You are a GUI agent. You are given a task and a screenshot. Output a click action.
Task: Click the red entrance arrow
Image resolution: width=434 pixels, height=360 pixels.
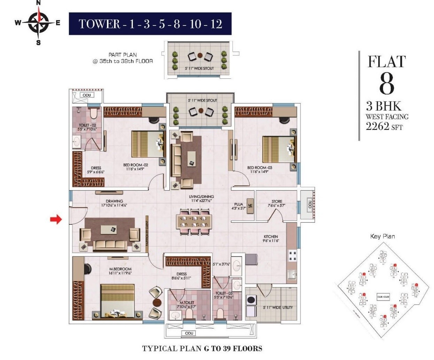click(55, 219)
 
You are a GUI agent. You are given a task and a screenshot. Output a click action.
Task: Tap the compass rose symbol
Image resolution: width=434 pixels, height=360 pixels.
click(38, 23)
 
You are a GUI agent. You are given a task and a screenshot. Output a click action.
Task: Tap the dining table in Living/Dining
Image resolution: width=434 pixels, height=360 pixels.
click(195, 222)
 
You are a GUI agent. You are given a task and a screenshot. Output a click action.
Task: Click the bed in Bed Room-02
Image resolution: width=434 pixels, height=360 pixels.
click(148, 144)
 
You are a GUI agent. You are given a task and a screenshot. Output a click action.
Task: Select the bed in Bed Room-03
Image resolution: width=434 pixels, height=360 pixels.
click(279, 149)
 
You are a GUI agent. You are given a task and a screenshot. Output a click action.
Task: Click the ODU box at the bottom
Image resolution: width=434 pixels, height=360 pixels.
click(189, 333)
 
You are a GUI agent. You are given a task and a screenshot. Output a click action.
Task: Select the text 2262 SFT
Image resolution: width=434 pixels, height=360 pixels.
click(384, 127)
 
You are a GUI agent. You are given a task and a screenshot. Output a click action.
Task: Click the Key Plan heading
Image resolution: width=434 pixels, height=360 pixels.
click(382, 236)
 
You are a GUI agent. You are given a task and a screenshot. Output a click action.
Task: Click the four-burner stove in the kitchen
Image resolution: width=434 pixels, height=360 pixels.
click(292, 256)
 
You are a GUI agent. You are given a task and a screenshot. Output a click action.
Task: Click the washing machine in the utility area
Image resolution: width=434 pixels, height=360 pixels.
click(251, 300)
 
